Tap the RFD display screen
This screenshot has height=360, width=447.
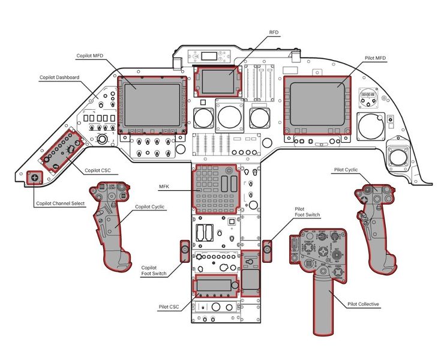[x=217, y=81]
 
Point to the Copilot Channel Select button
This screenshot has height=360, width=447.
[x=34, y=178]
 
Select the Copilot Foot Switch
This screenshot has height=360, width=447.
[x=185, y=250]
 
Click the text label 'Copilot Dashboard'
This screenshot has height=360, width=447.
[x=59, y=77]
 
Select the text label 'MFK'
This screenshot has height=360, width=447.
[x=164, y=188]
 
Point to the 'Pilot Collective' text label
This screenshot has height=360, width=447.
[x=364, y=304]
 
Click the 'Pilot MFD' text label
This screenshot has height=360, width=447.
[x=375, y=58]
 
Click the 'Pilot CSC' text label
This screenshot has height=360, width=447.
[x=169, y=307]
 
